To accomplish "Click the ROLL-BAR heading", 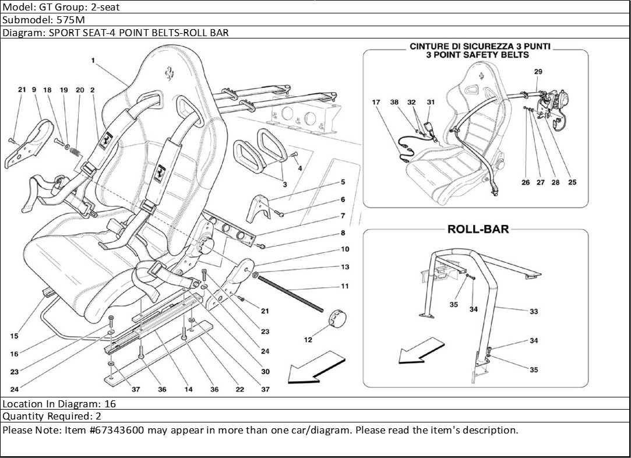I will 478,229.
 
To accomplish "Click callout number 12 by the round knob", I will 308,340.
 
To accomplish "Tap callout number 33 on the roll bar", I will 533,312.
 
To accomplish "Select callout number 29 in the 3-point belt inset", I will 538,72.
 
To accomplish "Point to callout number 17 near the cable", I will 376,103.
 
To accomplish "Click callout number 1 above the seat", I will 93,60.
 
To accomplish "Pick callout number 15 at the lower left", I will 14,336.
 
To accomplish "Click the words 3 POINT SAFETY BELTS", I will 477,55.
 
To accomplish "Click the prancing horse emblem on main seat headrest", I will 168,72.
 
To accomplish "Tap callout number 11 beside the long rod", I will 345,287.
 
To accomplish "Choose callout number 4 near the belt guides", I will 300,168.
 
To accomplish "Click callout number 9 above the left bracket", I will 34,90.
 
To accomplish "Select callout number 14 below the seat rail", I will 188,389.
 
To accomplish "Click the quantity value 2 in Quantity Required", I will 98,416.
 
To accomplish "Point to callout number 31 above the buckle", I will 431,103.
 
